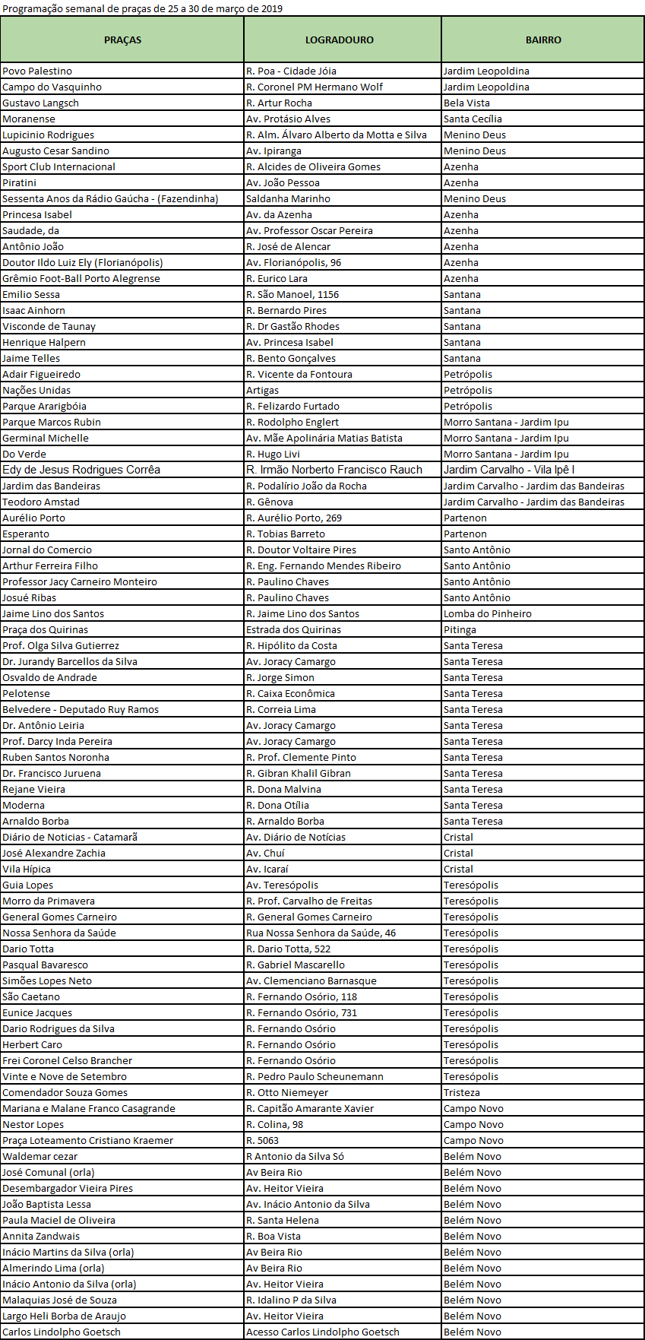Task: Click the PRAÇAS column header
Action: (x=122, y=40)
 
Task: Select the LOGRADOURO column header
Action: (x=339, y=40)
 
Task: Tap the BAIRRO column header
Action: (x=543, y=40)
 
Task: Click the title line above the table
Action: (x=142, y=8)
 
